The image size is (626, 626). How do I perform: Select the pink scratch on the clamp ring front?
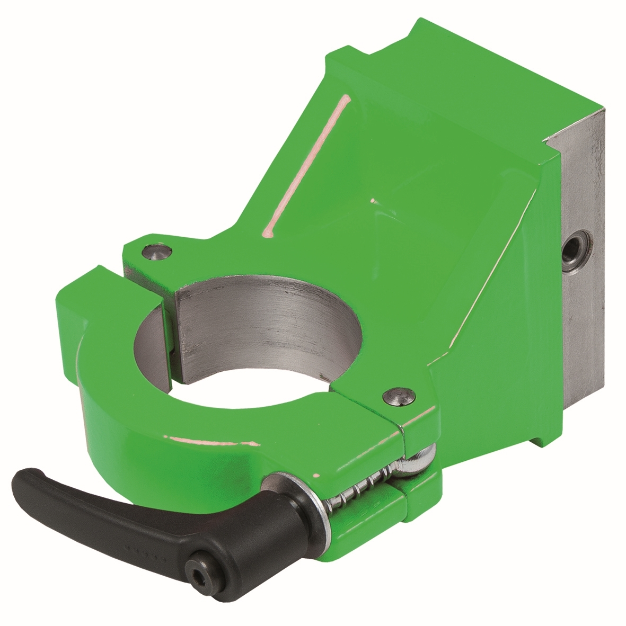pos(212,440)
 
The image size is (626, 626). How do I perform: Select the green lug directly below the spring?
pos(419,498)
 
